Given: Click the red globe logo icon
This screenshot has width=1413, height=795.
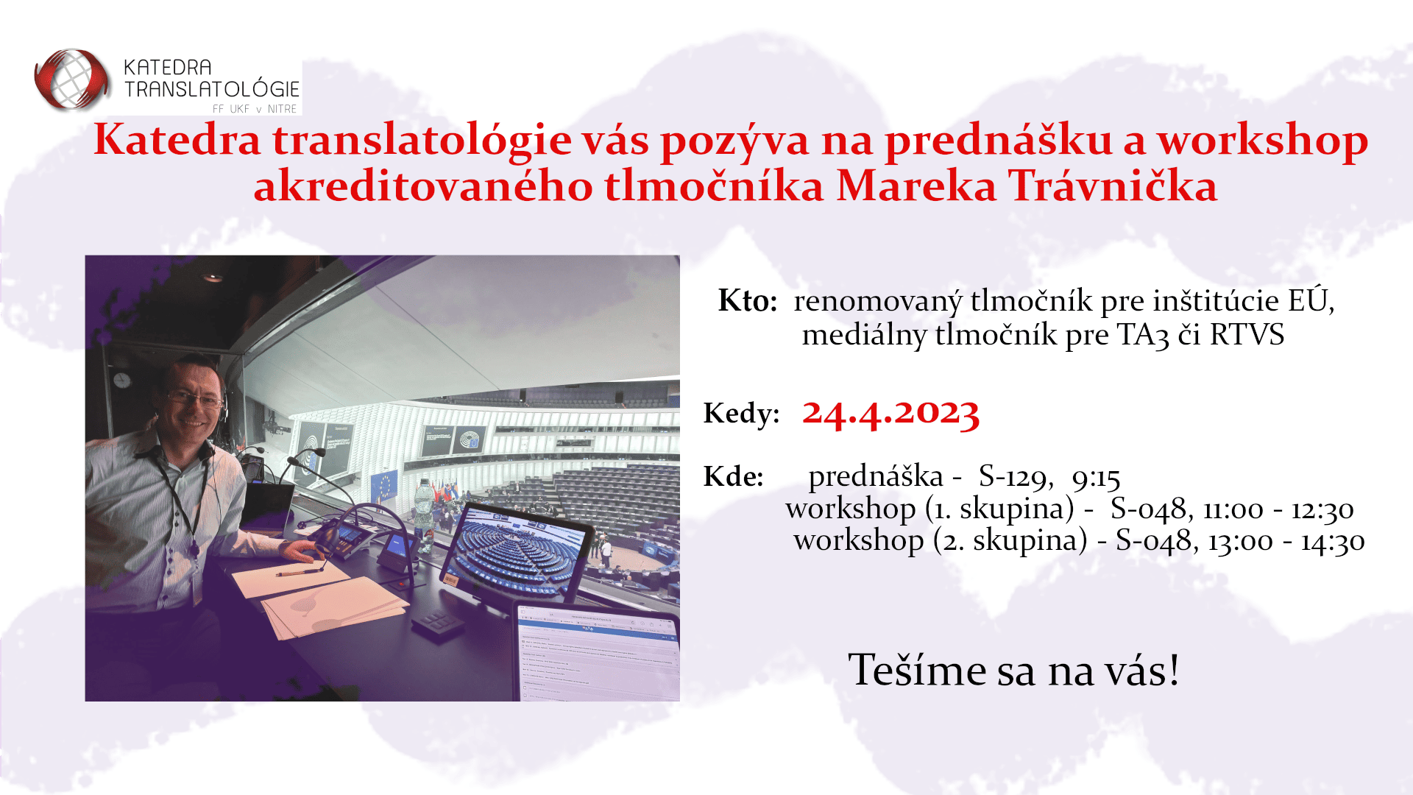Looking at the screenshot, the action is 71,79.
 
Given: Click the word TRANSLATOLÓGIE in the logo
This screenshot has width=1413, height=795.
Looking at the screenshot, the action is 212,89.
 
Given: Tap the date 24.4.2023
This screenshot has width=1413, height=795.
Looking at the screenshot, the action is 890,412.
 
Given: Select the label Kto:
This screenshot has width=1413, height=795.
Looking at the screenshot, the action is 748,300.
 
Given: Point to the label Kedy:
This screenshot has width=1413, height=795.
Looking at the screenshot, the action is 741,413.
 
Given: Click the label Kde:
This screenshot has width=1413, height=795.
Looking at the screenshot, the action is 733,476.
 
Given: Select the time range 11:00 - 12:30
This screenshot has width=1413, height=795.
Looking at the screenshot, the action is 1278,509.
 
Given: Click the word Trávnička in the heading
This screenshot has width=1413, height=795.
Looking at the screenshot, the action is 1112,185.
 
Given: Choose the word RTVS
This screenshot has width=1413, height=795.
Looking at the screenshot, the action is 1247,335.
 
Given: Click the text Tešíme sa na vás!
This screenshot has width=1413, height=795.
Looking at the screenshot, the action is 1014,670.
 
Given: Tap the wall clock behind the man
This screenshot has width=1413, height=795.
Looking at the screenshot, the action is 122,380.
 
